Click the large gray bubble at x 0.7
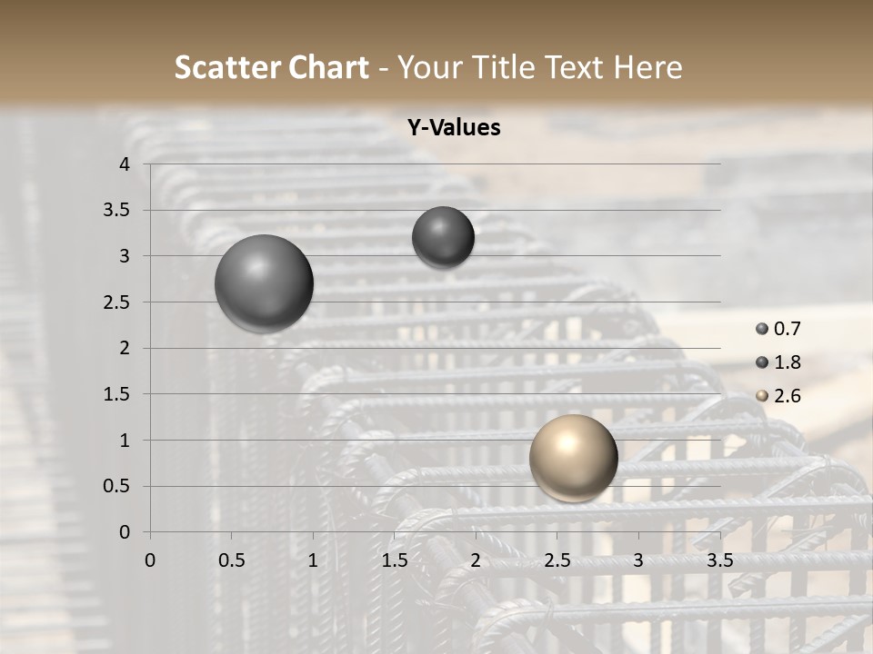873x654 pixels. pos(264,283)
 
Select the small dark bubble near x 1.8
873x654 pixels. pos(443,237)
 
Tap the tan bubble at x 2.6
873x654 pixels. pos(573,458)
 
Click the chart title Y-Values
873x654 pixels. pos(454,128)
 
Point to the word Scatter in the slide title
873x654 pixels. pos(226,67)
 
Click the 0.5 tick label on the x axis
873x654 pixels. pos(231,560)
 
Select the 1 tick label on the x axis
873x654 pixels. pos(313,560)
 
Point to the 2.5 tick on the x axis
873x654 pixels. pos(557,560)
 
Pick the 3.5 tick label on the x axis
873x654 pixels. pos(719,560)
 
